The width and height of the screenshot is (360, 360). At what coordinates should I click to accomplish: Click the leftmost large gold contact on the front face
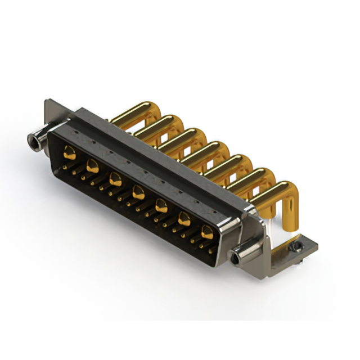click(69, 151)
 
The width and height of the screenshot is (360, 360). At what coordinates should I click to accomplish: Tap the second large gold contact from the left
click(93, 166)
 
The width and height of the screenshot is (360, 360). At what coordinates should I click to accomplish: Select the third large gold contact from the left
click(115, 179)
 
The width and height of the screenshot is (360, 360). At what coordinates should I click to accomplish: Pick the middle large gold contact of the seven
click(138, 193)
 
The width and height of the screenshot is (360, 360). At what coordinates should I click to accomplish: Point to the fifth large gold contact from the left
click(161, 205)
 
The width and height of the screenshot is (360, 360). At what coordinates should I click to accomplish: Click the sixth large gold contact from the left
click(184, 219)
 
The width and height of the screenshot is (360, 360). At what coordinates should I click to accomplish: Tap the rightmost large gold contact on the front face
click(207, 231)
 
